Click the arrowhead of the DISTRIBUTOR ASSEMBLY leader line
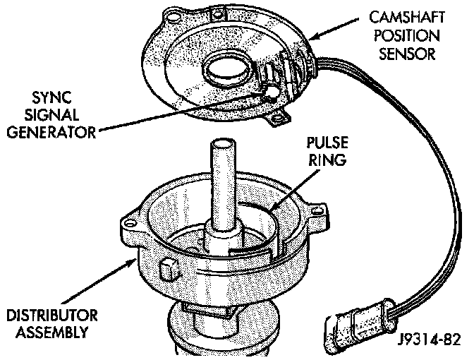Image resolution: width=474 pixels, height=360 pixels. point(138,260)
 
